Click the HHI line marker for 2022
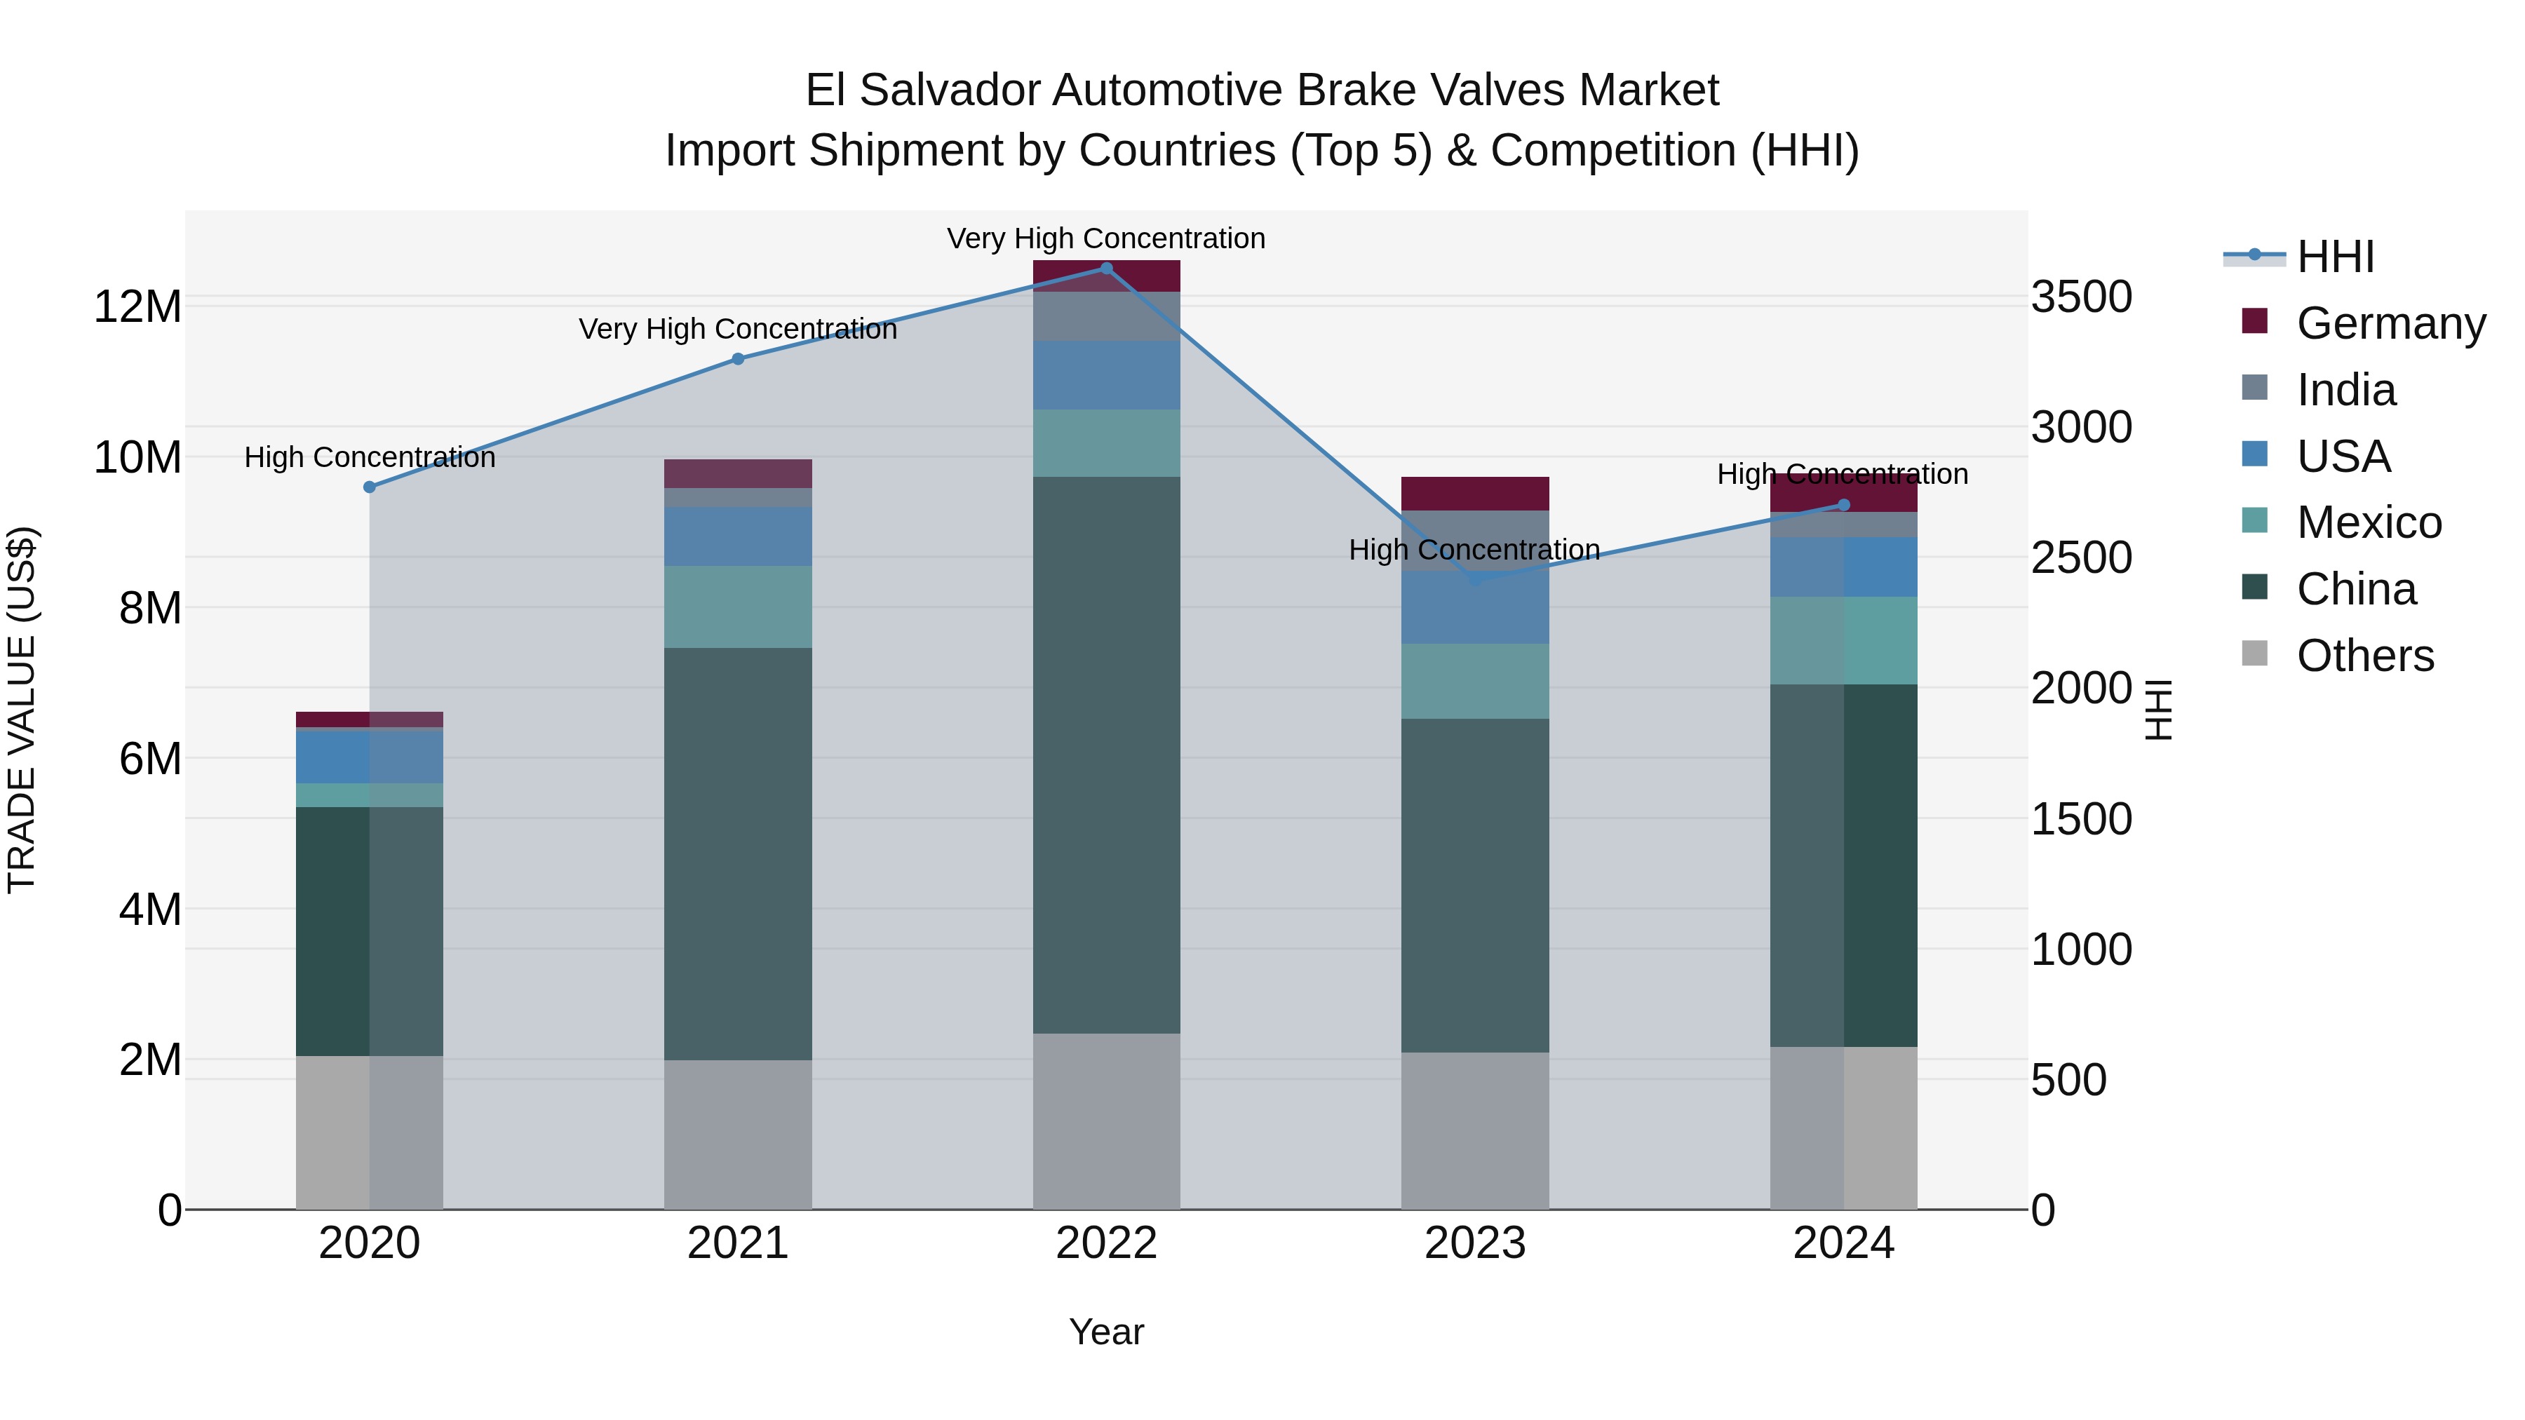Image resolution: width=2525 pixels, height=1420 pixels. point(1107,268)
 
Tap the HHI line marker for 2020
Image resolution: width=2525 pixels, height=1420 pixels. point(370,487)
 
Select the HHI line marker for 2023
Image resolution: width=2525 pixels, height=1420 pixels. point(1475,579)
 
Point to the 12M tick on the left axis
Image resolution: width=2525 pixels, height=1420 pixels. point(137,306)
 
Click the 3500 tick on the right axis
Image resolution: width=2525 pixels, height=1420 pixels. point(2081,297)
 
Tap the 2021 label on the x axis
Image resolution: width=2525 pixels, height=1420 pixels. point(737,1243)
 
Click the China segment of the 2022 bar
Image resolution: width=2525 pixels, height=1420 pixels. point(1107,755)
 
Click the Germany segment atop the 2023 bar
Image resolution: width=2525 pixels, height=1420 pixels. point(1475,493)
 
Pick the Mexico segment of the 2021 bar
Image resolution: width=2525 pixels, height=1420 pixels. point(737,607)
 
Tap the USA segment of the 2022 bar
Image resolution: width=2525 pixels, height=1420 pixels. point(1107,375)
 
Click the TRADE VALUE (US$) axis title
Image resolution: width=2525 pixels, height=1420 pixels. point(22,710)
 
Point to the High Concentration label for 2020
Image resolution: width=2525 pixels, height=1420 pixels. point(370,458)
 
